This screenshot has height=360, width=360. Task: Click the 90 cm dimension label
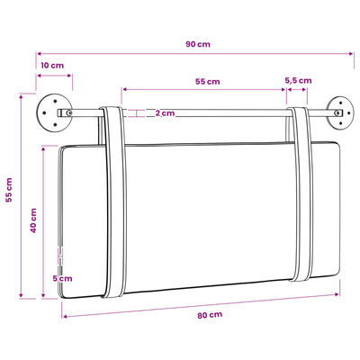click(x=198, y=44)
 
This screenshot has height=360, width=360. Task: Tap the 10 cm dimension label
click(x=52, y=66)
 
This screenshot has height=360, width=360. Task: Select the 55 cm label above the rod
click(x=208, y=82)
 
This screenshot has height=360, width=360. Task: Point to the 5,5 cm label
click(x=298, y=81)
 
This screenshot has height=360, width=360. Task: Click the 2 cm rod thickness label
click(x=165, y=113)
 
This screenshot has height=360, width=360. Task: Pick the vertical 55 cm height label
click(x=9, y=190)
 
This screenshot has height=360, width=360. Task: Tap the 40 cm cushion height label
click(x=33, y=220)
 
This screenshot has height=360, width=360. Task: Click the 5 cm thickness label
click(x=63, y=278)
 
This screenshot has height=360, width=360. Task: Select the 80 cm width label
click(x=210, y=315)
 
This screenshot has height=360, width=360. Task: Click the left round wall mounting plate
click(x=55, y=112)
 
